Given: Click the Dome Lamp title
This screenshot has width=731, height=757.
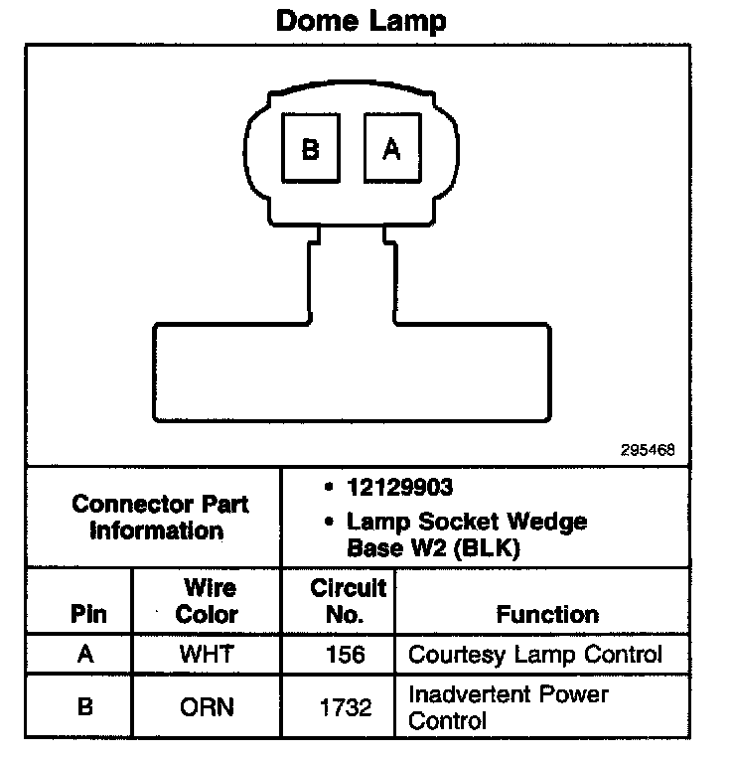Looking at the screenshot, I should click(x=361, y=21).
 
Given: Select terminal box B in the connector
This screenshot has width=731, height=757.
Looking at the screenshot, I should click(x=310, y=149).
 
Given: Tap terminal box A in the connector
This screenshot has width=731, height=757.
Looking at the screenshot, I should click(x=392, y=149).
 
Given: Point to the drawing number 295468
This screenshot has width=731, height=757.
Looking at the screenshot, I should click(x=648, y=449).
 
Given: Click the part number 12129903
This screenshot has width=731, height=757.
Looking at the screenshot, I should click(x=400, y=487).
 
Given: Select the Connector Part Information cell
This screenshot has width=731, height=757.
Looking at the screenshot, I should click(x=159, y=517).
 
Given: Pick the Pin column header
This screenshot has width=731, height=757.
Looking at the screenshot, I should click(x=87, y=614).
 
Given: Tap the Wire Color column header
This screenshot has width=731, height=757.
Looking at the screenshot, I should click(x=207, y=601).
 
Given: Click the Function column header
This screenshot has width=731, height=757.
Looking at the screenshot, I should click(x=547, y=614).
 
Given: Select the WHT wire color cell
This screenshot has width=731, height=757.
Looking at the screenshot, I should click(x=207, y=655).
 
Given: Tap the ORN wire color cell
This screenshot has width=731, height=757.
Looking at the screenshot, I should click(x=207, y=706).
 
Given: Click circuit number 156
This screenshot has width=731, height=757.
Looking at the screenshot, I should click(x=345, y=655).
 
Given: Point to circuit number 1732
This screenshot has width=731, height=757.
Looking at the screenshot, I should click(x=345, y=706).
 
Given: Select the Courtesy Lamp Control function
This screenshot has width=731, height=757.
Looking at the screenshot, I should click(x=534, y=655).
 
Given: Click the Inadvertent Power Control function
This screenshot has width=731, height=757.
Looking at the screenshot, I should click(x=508, y=706).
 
